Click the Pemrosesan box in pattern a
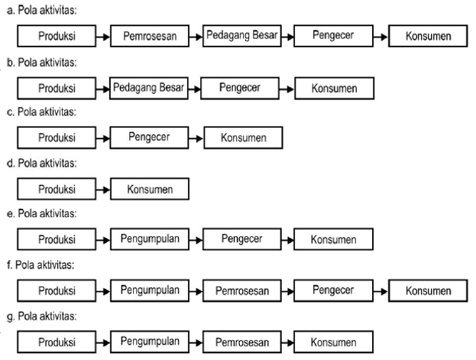point(150,36)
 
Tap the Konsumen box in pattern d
point(150,189)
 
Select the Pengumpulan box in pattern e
point(150,239)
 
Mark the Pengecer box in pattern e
point(241,239)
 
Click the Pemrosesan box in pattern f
point(241,290)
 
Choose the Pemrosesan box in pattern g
point(241,341)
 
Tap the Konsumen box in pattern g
point(334,341)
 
